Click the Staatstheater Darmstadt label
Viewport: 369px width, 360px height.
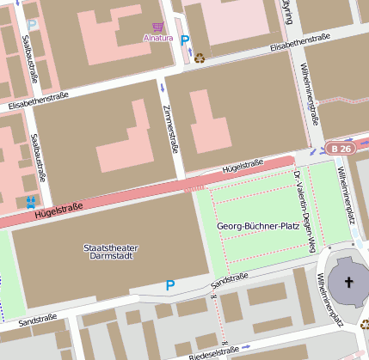coord(111,253)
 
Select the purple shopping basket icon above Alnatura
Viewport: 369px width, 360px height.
coord(157,27)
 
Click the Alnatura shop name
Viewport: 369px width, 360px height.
coord(157,39)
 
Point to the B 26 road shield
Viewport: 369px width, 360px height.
coord(341,149)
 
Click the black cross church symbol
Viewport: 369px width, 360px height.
coord(349,283)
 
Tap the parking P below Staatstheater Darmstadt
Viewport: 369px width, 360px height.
coord(169,285)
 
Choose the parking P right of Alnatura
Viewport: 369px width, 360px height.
coord(185,40)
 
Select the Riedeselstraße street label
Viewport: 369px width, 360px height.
coord(211,351)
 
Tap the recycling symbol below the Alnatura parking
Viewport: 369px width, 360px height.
coord(200,58)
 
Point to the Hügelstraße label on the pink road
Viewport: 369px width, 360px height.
coord(58,208)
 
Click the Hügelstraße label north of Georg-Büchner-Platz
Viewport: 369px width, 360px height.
coord(242,163)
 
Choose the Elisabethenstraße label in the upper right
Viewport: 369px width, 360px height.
coord(300,42)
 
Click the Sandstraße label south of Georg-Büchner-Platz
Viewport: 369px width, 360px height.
coord(229,279)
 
